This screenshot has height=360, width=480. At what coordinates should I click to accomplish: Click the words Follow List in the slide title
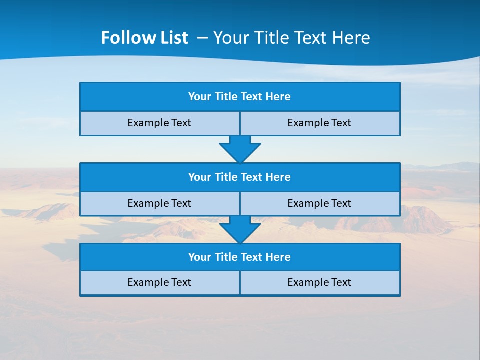[144, 38]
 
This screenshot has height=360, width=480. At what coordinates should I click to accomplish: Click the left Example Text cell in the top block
[159, 123]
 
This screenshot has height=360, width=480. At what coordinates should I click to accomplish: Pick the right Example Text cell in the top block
[319, 123]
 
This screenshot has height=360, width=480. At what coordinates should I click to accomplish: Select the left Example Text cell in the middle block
[159, 204]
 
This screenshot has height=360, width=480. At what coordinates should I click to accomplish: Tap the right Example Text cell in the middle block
[319, 204]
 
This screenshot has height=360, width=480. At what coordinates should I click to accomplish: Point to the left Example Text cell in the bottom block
[159, 283]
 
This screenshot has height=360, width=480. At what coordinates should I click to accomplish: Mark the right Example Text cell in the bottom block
[319, 283]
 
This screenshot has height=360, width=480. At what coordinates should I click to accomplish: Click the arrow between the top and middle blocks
[240, 149]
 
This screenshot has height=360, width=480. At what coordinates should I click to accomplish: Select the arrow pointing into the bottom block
[240, 229]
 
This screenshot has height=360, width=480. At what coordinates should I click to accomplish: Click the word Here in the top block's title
[278, 97]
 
